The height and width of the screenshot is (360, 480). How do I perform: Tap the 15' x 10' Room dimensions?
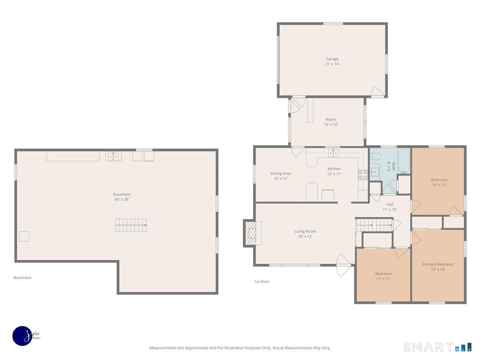[x=331, y=124]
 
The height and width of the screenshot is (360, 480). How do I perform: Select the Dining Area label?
[x=280, y=174]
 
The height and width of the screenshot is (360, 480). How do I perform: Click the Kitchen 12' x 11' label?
[x=334, y=171]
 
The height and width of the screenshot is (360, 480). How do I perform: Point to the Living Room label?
[x=305, y=231]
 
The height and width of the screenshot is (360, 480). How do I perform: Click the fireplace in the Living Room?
[x=252, y=234]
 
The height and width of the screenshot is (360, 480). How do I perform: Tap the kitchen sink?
[x=333, y=153]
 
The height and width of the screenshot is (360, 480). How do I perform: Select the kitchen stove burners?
[x=363, y=175]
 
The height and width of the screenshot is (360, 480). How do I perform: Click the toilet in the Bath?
[x=375, y=156]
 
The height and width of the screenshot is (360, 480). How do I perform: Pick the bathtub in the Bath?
[x=404, y=161]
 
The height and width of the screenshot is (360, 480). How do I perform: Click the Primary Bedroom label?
[x=438, y=264]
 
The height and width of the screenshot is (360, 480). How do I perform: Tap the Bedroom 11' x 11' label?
[x=383, y=276]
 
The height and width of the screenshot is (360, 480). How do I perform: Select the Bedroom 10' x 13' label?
[x=439, y=182]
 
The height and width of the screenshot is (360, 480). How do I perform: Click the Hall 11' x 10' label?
[x=390, y=207]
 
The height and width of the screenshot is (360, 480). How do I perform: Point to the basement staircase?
[x=131, y=225]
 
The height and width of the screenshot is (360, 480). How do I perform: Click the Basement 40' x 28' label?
[x=122, y=197]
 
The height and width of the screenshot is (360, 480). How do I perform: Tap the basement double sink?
[x=113, y=156]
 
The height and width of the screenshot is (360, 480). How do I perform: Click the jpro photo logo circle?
[x=22, y=336]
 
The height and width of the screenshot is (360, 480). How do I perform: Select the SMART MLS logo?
[x=437, y=347]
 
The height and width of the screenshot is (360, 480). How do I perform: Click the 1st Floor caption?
[x=262, y=282]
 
